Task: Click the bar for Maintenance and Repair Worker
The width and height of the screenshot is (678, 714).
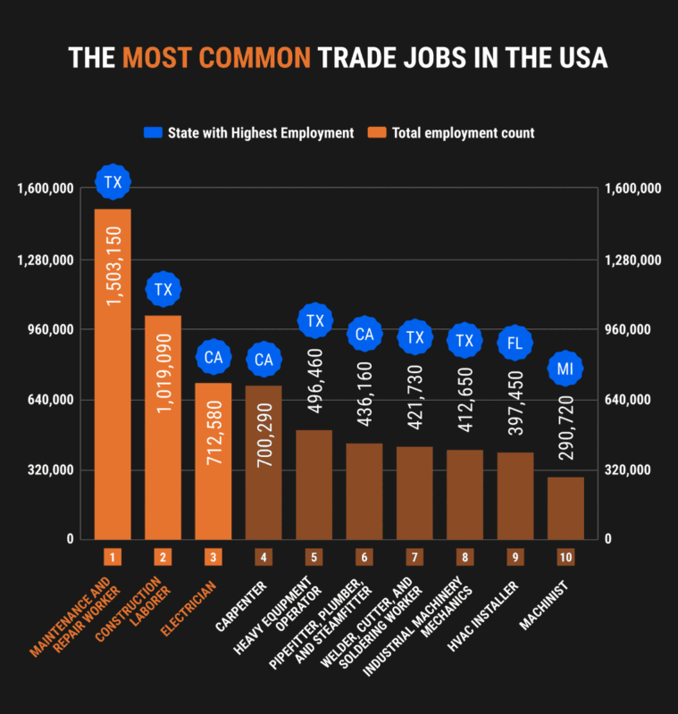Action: (x=113, y=375)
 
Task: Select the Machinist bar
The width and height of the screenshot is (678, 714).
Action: (x=565, y=508)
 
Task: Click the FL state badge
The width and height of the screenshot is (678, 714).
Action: (x=515, y=342)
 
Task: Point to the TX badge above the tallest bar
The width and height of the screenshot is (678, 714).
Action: (x=113, y=183)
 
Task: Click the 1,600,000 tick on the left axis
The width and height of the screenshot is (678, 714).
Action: (x=44, y=189)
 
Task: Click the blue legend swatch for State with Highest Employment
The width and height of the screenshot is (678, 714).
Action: (x=152, y=133)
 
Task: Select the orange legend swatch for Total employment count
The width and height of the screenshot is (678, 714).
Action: (x=377, y=133)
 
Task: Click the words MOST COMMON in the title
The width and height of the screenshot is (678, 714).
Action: (x=217, y=57)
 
